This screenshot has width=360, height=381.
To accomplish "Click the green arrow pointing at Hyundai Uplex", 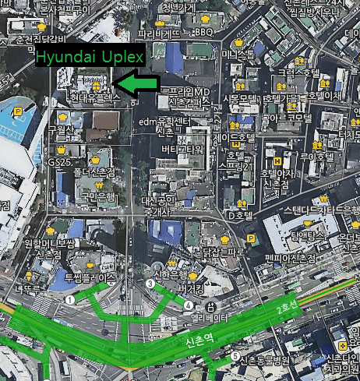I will [x=136, y=82].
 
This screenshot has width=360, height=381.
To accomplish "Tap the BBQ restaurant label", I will [x=204, y=32].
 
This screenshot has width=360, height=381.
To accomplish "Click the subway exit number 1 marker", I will [x=69, y=298].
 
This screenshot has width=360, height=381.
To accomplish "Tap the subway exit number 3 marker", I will [x=150, y=284].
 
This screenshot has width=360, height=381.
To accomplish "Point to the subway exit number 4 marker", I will [x=189, y=305].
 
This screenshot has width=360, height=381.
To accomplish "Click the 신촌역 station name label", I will [x=200, y=340].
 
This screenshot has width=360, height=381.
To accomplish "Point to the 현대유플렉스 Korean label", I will [x=95, y=99].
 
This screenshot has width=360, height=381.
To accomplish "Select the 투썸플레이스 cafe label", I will [x=90, y=277].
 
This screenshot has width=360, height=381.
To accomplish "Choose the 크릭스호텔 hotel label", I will [x=299, y=72].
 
